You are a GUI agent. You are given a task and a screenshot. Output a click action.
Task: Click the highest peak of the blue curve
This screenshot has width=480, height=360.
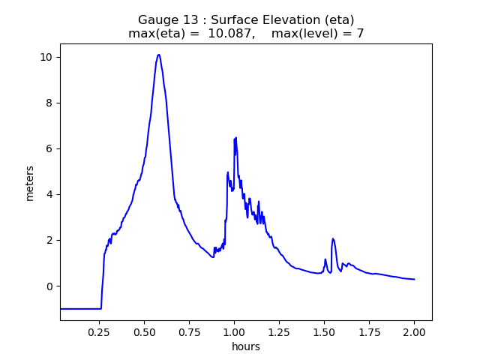[x=158, y=55]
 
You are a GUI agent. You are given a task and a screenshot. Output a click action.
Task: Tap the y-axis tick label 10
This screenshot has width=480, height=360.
[x=46, y=57]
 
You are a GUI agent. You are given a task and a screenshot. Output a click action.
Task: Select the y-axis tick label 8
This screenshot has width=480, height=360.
[x=49, y=103]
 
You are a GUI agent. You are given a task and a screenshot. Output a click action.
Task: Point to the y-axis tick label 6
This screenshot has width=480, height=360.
[x=49, y=148]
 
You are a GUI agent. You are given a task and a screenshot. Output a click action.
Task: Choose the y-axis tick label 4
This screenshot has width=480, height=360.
[x=49, y=194]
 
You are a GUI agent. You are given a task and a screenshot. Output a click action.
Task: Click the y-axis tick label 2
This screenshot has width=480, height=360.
[x=49, y=240]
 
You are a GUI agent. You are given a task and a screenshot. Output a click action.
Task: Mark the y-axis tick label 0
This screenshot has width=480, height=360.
[x=49, y=286]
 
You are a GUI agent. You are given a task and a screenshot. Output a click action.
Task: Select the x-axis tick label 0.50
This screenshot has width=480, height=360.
[x=145, y=331]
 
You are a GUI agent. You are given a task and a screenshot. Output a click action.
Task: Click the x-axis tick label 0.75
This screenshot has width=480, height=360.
[x=190, y=331]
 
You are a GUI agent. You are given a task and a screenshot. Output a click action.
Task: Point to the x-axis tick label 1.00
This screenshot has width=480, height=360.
[x=235, y=331]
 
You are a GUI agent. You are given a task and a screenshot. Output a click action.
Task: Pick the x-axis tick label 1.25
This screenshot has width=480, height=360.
[x=280, y=331]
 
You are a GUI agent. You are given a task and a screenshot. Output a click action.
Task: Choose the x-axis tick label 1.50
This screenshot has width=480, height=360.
[x=325, y=331]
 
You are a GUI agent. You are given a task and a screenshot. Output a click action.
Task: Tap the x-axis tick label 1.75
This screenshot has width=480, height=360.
[x=370, y=331]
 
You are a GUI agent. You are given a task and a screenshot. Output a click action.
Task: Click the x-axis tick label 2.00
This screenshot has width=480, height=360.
[x=415, y=331]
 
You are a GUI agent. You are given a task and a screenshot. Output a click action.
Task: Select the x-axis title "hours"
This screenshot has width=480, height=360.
[x=246, y=346]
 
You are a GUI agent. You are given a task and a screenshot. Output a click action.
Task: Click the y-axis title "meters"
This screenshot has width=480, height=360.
[x=30, y=182]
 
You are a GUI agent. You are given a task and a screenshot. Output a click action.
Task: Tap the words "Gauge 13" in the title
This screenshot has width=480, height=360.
[x=163, y=20]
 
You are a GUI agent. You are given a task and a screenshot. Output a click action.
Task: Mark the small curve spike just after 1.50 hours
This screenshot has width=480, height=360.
[x=333, y=239]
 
